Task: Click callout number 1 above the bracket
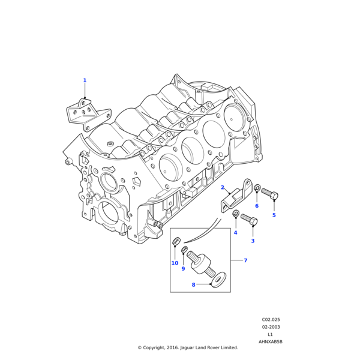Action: pyautogui.click(x=85, y=80)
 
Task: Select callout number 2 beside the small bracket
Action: pyautogui.click(x=222, y=188)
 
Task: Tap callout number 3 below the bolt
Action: pyautogui.click(x=252, y=241)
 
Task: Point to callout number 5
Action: pyautogui.click(x=274, y=215)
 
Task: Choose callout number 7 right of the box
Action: pyautogui.click(x=245, y=260)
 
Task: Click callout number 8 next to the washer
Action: pyautogui.click(x=193, y=284)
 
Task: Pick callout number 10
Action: pyautogui.click(x=175, y=263)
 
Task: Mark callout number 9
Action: pyautogui.click(x=184, y=269)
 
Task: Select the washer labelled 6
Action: pyautogui.click(x=257, y=188)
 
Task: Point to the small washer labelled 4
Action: pyautogui.click(x=236, y=214)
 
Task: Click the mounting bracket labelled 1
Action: pyautogui.click(x=87, y=114)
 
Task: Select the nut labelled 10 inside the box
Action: pyautogui.click(x=176, y=242)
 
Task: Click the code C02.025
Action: pyautogui.click(x=271, y=320)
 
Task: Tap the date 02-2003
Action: pyautogui.click(x=271, y=327)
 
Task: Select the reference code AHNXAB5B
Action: pyautogui.click(x=271, y=341)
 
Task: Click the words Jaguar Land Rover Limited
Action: pyautogui.click(x=209, y=347)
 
